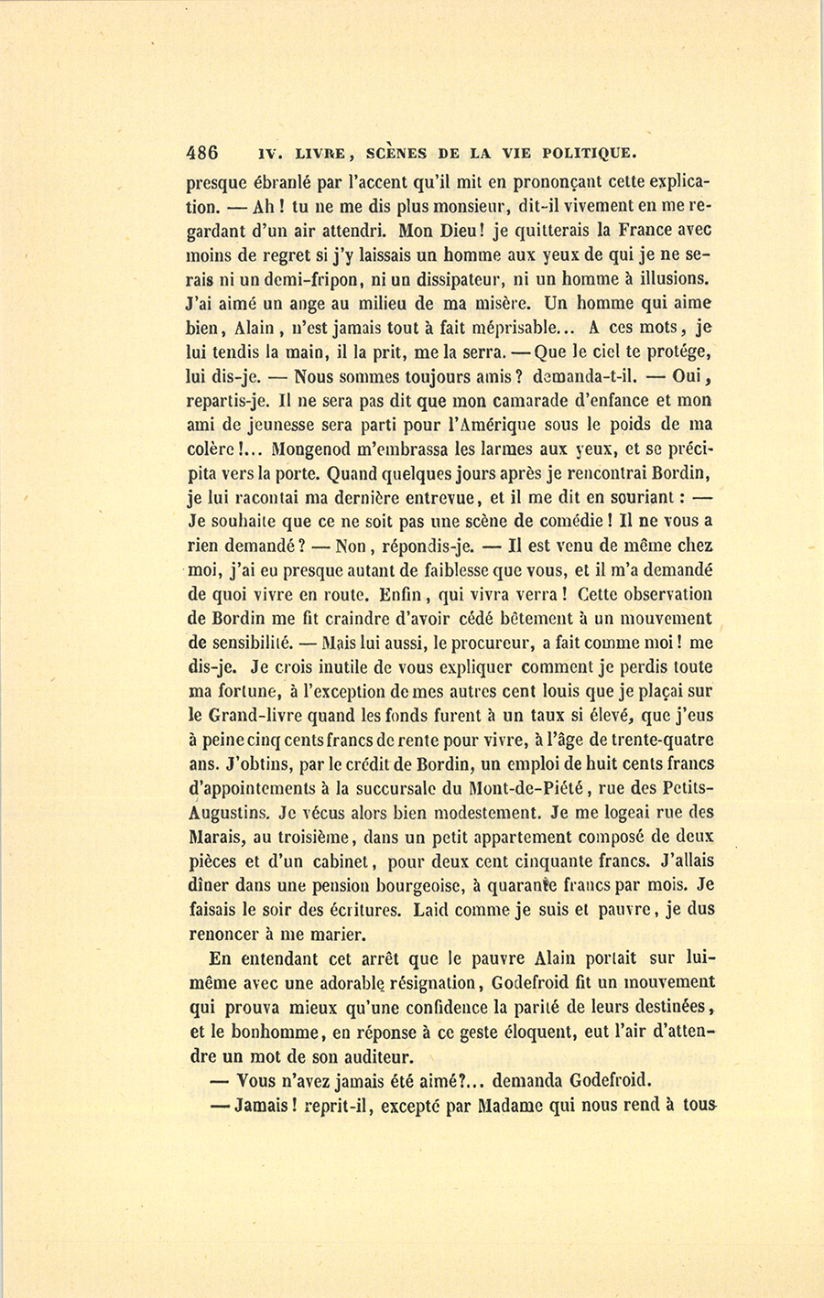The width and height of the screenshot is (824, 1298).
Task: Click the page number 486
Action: click(x=201, y=153)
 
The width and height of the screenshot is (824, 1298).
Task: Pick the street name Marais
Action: click(x=217, y=837)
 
